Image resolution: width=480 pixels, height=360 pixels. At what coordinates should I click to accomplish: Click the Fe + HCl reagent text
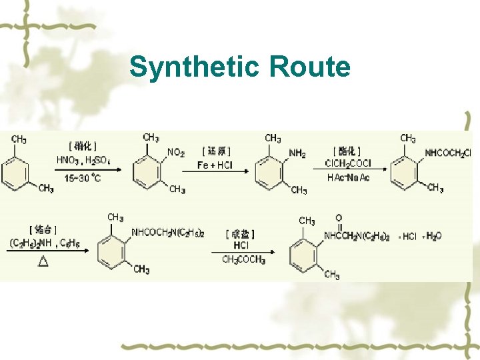click(215, 165)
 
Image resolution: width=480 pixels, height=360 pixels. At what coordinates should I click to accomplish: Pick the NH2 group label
click(297, 153)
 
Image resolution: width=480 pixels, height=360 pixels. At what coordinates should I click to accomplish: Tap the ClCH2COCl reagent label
click(347, 164)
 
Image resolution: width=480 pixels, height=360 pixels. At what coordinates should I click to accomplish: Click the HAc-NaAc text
click(348, 177)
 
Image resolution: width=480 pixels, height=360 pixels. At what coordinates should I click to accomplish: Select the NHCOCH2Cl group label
click(448, 153)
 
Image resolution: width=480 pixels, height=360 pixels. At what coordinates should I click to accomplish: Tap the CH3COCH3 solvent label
click(243, 260)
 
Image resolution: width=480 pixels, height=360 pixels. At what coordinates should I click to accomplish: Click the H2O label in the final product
click(433, 235)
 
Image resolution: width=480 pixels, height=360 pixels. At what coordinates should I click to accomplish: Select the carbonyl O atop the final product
click(339, 218)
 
